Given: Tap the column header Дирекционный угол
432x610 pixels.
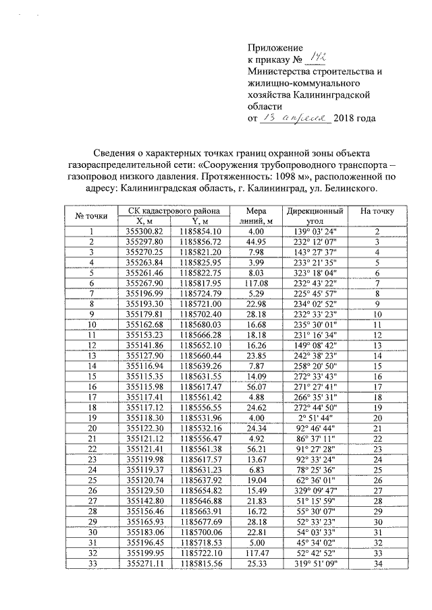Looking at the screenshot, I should pos(315,216).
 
